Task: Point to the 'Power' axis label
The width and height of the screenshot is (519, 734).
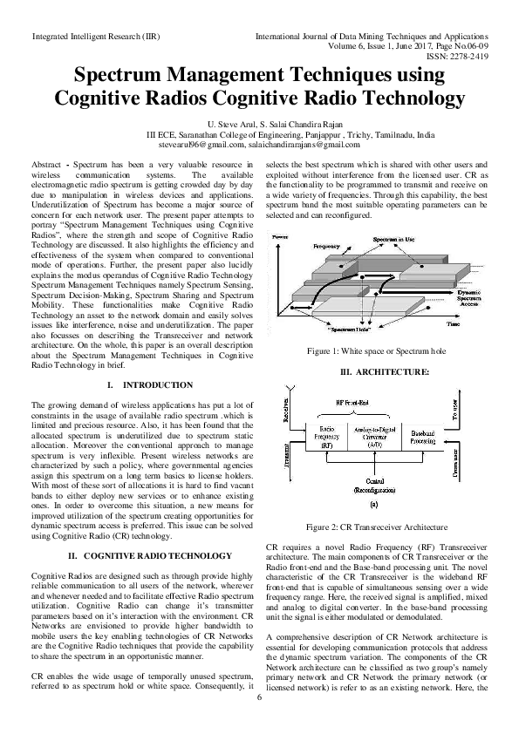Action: point(280,237)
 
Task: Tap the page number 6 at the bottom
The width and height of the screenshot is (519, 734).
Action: point(259,697)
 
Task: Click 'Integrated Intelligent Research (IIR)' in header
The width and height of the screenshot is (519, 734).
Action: point(94,37)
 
